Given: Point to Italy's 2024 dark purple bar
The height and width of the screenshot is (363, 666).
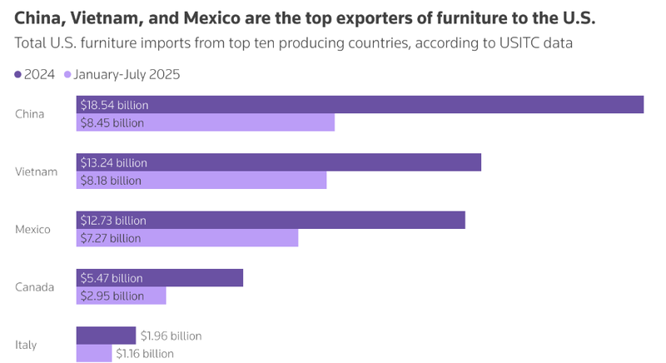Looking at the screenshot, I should pyautogui.click(x=106, y=335).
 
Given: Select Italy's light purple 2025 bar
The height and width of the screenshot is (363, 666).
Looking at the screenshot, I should pyautogui.click(x=94, y=353).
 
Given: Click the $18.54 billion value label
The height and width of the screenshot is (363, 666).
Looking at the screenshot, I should pyautogui.click(x=113, y=104).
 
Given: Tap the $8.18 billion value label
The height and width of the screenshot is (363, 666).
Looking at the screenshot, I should pyautogui.click(x=111, y=181).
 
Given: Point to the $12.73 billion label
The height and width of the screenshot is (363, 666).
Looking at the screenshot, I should pyautogui.click(x=113, y=221).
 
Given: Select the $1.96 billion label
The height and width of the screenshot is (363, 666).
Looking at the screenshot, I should pyautogui.click(x=171, y=336).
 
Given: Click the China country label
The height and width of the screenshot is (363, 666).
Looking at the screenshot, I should pyautogui.click(x=30, y=114).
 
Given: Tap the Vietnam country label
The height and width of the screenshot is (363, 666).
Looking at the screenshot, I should pyautogui.click(x=36, y=172).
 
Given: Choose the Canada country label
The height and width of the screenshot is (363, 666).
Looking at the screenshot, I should pyautogui.click(x=35, y=287).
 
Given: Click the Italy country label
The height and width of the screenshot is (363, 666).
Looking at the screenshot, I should pyautogui.click(x=26, y=345).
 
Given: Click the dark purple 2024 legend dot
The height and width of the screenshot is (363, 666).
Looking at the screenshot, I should pyautogui.click(x=19, y=74).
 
